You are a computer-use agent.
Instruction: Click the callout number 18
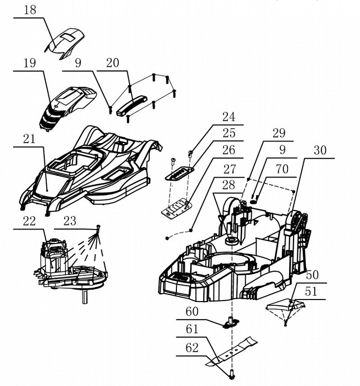pyautogui.click(x=30, y=10)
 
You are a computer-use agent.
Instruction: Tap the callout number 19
pyautogui.click(x=29, y=63)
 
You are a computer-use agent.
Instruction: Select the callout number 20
pyautogui.click(x=113, y=63)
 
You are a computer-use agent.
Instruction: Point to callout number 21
pyautogui.click(x=29, y=139)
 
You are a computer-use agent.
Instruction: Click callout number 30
pyautogui.click(x=320, y=150)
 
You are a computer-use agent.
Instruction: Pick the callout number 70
pyautogui.click(x=282, y=169)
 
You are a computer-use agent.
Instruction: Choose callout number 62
pyautogui.click(x=192, y=348)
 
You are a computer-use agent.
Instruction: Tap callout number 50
pyautogui.click(x=312, y=275)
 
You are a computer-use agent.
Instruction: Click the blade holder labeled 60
pyautogui.click(x=231, y=323)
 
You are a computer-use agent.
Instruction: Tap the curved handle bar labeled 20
pyautogui.click(x=132, y=106)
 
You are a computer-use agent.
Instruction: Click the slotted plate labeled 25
pyautogui.click(x=179, y=173)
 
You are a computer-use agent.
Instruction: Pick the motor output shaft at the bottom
pyautogui.click(x=85, y=297)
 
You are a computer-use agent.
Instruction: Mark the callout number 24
pyautogui.click(x=229, y=117)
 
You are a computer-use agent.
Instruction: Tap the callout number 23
pyautogui.click(x=70, y=221)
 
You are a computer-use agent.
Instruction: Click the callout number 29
pyautogui.click(x=279, y=133)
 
